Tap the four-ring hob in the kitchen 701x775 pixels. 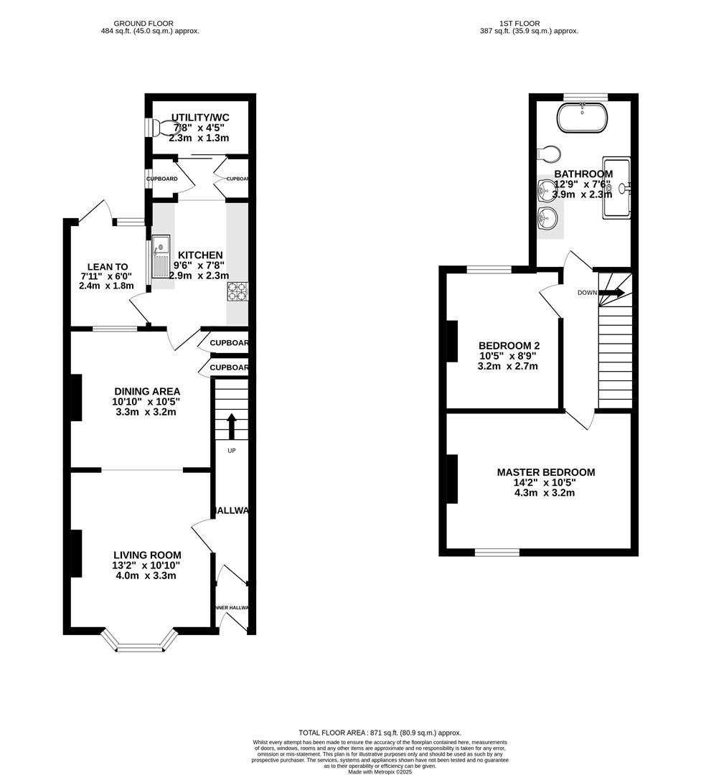[x=237, y=291]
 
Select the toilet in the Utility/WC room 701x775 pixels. [x=166, y=128]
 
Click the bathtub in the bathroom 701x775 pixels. [x=583, y=118]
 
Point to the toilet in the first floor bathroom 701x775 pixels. [x=548, y=154]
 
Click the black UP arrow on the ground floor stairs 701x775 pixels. [x=231, y=426]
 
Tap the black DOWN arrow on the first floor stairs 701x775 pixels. [x=612, y=292]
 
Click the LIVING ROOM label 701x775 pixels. [x=147, y=555]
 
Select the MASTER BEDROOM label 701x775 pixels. [x=546, y=472]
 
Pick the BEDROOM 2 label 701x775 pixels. [x=507, y=343]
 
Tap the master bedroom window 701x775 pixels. [x=497, y=552]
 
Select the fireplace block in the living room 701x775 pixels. [x=75, y=553]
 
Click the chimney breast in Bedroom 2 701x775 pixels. [x=452, y=341]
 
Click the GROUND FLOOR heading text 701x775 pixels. [x=150, y=24]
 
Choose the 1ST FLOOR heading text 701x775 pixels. [x=529, y=24]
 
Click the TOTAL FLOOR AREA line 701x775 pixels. [x=380, y=732]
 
